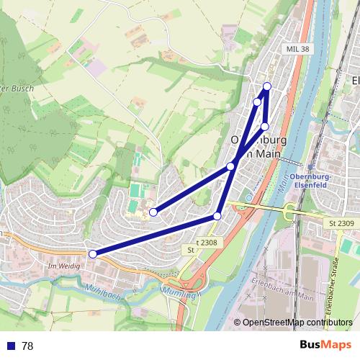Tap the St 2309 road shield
pyautogui.click(x=341, y=225)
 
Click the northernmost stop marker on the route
pyautogui.click(x=267, y=86)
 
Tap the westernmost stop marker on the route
pyautogui.click(x=92, y=253)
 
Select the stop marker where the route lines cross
pyautogui.click(x=230, y=166)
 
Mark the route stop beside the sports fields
pyautogui.click(x=153, y=212)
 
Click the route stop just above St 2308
pyautogui.click(x=217, y=216)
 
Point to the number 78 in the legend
pyautogui.click(x=27, y=346)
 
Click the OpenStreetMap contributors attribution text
pyautogui.click(x=297, y=322)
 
